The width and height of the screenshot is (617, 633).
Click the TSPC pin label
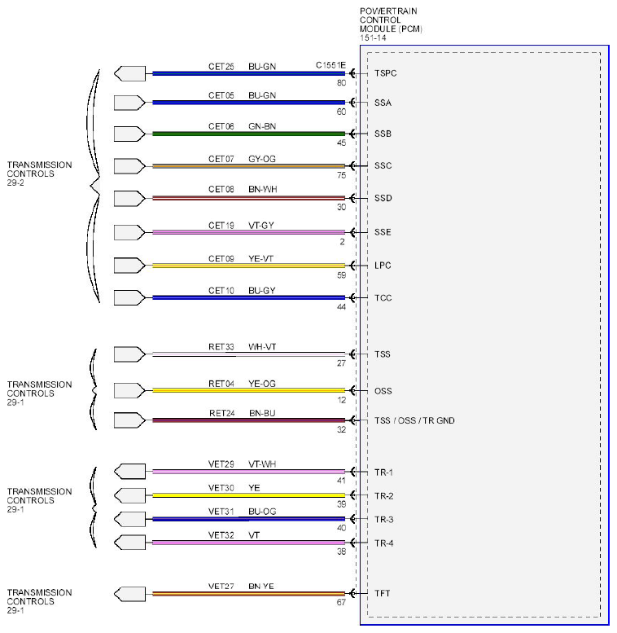tap(385, 73)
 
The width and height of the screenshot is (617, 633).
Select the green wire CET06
tap(249, 134)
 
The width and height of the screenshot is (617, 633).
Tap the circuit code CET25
tap(221, 67)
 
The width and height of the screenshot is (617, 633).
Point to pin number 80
tap(342, 83)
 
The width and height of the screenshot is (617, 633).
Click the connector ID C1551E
tap(330, 65)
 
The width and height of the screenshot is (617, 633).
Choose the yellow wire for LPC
tap(249, 266)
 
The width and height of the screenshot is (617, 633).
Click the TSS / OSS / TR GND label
tap(414, 420)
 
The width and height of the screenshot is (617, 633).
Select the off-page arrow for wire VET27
tap(129, 594)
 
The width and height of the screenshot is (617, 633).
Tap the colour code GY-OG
tap(262, 159)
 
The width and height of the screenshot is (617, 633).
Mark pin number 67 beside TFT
tap(341, 602)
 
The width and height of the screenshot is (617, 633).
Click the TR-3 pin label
tap(383, 520)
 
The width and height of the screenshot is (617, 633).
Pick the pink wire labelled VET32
tap(249, 543)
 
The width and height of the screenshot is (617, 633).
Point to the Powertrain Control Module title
tap(391, 24)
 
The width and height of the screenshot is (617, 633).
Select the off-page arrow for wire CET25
tap(129, 74)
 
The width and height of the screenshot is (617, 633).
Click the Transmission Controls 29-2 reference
tap(39, 174)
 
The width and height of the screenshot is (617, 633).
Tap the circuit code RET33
tap(221, 347)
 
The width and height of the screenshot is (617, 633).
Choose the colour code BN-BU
tap(262, 413)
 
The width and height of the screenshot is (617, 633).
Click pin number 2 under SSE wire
tap(342, 242)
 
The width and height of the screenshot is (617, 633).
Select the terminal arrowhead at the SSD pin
tap(352, 198)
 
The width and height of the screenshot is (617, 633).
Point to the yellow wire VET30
tap(249, 495)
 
